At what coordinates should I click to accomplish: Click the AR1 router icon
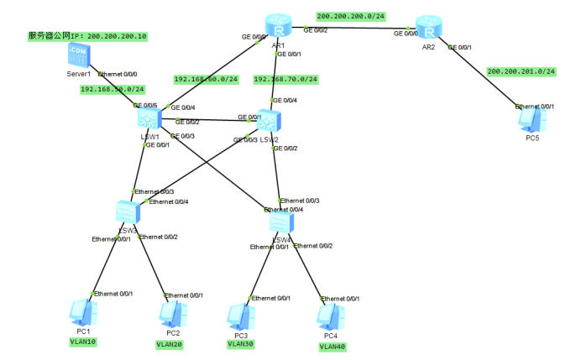tap(274, 26)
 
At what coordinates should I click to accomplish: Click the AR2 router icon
tap(428, 27)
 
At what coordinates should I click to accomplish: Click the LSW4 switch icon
tap(282, 222)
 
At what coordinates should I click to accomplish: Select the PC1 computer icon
tap(82, 313)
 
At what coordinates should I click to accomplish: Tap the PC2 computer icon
tap(170, 314)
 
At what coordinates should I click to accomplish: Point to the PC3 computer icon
tap(239, 316)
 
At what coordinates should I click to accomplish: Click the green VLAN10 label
tap(83, 342)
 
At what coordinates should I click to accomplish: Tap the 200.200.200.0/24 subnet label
tap(350, 16)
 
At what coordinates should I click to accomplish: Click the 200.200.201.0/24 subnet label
tap(521, 71)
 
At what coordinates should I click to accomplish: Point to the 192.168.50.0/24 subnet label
tap(113, 88)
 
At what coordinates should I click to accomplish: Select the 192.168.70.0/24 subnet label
tap(285, 80)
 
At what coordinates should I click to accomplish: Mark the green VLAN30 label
tap(239, 343)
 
